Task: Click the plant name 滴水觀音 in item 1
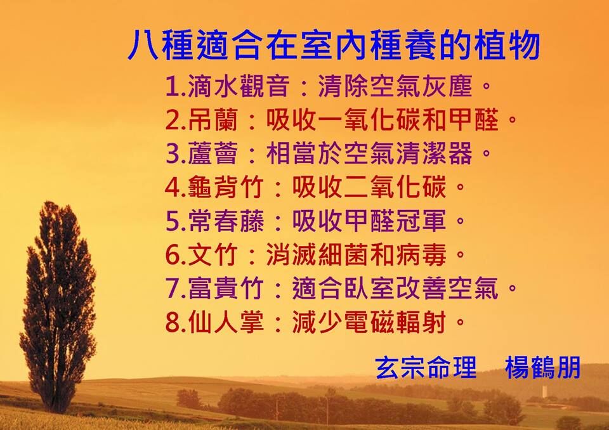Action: coord(239,86)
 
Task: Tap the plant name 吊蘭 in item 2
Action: coord(213,120)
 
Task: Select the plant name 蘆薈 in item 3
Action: coord(213,153)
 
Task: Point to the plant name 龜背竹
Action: coord(226,187)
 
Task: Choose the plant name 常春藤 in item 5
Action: coord(226,221)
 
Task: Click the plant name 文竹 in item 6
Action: coord(213,255)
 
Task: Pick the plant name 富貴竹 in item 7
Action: coord(226,289)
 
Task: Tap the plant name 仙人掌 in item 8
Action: coord(226,322)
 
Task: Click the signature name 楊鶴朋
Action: coord(543,367)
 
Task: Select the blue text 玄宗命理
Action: coord(426,367)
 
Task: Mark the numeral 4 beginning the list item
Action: coord(173,188)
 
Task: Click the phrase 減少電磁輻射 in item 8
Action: coord(369,322)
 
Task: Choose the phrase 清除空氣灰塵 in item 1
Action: coord(395,86)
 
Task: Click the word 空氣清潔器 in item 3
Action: coord(408,153)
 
